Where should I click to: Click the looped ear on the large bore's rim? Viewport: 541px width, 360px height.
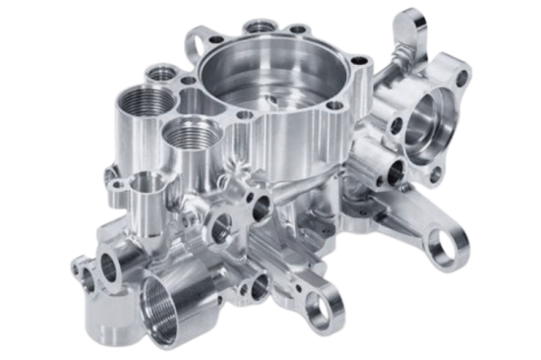199,41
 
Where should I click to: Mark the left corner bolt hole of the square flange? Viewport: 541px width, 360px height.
393,127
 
